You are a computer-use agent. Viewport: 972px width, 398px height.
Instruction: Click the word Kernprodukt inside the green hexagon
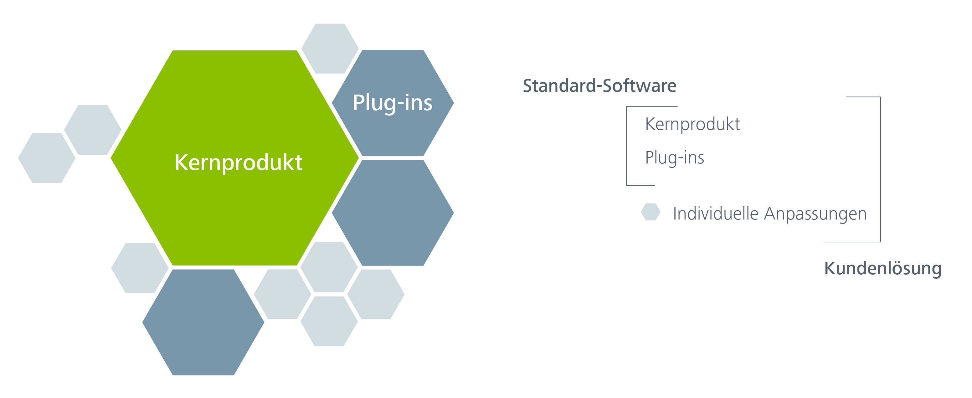point(238,163)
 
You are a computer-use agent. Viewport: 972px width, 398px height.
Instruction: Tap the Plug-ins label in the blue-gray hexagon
point(393,103)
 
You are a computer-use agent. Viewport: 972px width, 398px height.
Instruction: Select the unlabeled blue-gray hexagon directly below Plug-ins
point(393,213)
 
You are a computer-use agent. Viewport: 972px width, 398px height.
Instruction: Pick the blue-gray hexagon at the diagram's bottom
point(203,322)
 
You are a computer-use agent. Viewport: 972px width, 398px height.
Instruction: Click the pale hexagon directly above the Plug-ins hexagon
point(330,48)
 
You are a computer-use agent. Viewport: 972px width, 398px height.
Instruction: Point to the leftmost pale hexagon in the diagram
point(47,158)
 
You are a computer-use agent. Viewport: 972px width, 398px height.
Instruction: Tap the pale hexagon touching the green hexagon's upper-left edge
point(92,130)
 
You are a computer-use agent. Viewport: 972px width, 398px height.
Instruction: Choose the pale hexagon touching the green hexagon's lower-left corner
point(140,268)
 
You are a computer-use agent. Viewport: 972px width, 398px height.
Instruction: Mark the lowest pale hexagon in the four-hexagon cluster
point(329,321)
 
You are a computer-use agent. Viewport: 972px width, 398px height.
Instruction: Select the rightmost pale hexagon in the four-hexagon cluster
point(376,294)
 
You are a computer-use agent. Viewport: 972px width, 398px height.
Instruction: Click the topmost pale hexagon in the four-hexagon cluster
point(329,267)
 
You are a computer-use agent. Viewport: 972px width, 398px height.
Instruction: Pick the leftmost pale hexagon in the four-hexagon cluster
point(282,294)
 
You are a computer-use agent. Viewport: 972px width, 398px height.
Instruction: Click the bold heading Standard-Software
point(599,86)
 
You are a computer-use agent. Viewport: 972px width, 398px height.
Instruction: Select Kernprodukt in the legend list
point(692,124)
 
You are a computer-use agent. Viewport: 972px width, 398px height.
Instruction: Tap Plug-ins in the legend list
point(674,158)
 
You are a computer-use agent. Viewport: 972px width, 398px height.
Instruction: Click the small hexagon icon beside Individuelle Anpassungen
point(651,212)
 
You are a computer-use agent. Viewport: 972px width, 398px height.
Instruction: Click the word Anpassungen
point(815,214)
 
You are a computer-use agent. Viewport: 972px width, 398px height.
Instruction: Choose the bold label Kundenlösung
point(882,268)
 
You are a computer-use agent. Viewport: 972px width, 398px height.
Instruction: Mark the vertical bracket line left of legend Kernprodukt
point(627,145)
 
